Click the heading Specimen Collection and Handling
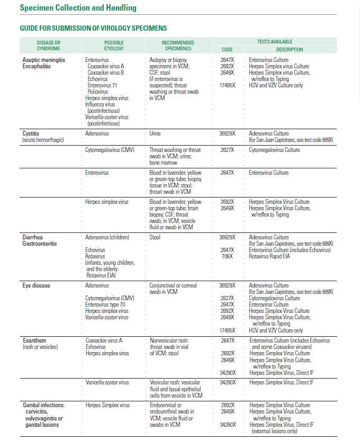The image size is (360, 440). click(x=78, y=8)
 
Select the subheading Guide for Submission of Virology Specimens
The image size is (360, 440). click(x=93, y=28)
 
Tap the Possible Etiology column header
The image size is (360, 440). click(x=114, y=46)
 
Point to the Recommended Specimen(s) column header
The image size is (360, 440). click(x=177, y=46)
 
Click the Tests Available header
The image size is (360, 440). click(x=275, y=41)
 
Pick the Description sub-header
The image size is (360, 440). click(x=290, y=50)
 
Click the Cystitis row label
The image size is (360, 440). click(x=31, y=134)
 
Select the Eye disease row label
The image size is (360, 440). click(x=36, y=286)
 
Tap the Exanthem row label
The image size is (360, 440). click(x=34, y=341)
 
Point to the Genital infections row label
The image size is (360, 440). click(x=43, y=406)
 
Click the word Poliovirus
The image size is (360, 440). click(x=98, y=92)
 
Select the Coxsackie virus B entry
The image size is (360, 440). click(x=106, y=73)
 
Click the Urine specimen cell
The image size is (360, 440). click(x=155, y=134)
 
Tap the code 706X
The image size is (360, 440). click(x=227, y=257)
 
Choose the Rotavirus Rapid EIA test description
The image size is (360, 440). click(x=269, y=257)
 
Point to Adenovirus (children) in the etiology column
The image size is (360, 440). click(x=107, y=238)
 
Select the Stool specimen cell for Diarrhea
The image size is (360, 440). click(x=155, y=238)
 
